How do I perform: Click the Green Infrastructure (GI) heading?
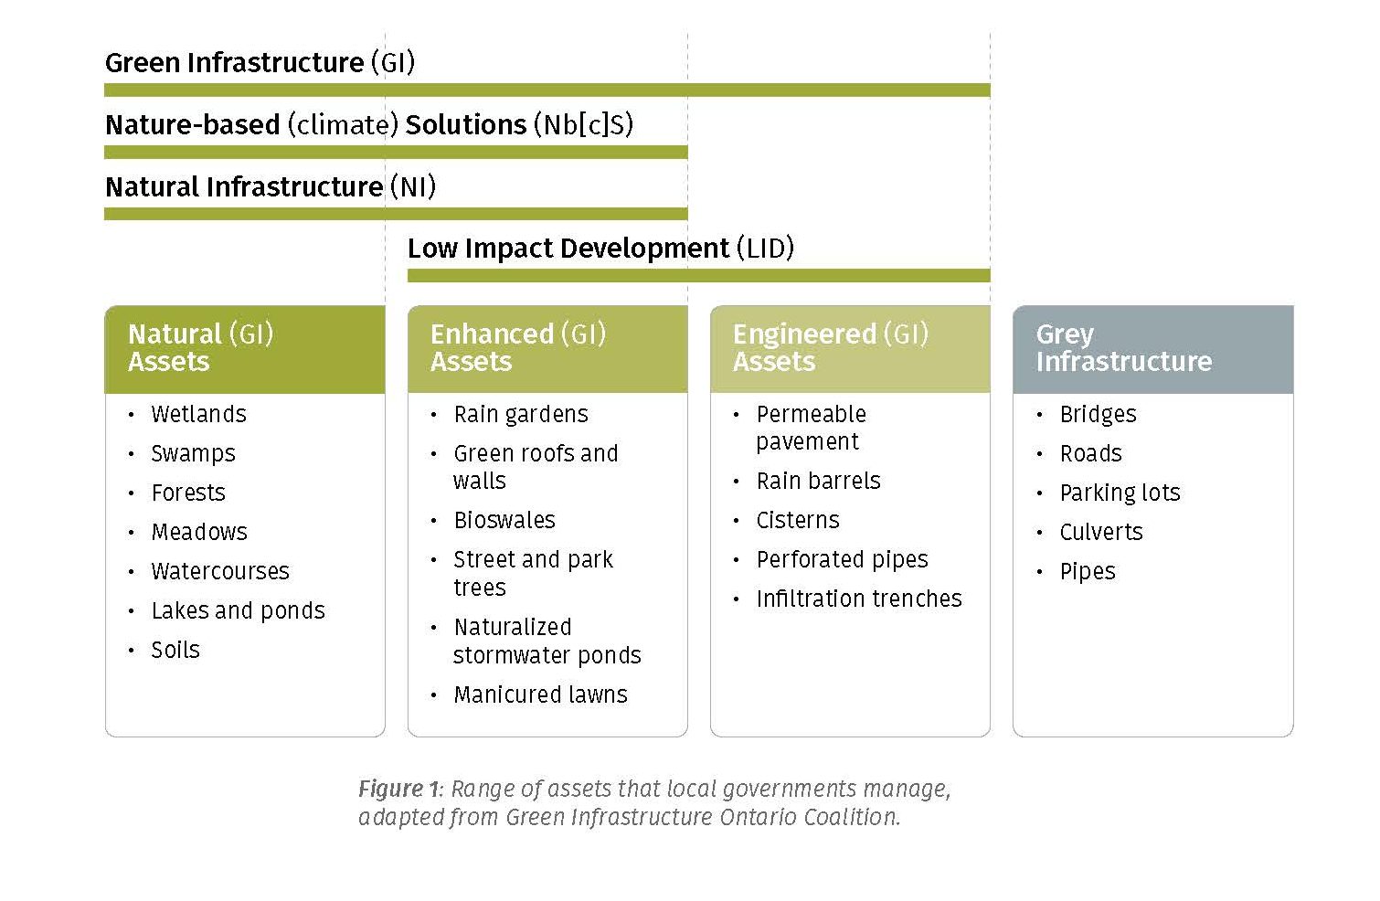point(260,63)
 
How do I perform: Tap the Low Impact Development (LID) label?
point(600,249)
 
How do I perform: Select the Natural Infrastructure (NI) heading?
point(270,187)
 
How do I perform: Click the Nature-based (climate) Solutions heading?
point(369,125)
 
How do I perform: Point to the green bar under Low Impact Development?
point(698,275)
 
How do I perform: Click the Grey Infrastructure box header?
point(1152,348)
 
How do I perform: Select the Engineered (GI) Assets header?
point(850,348)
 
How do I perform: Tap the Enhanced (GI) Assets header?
point(547,348)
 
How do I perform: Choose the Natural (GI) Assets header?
point(244,348)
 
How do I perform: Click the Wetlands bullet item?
point(198,415)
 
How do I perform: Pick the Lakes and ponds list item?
point(238,611)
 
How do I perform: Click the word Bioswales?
point(504,521)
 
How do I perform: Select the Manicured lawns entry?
point(540,695)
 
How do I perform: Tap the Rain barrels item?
point(818,482)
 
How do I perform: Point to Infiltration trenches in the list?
point(858,599)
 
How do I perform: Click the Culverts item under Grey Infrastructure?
point(1100,533)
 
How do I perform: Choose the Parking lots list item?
point(1120,493)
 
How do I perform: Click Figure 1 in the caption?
point(398,789)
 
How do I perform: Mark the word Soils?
point(175,651)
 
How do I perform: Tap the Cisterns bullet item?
point(797,521)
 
